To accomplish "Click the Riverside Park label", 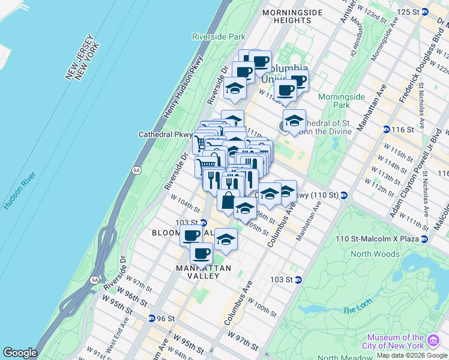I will click(x=219, y=37).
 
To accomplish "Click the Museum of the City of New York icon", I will click(x=432, y=341).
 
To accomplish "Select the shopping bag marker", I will click(x=228, y=200).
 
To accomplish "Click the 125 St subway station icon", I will click(x=425, y=12).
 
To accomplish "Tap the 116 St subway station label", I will click(x=403, y=130).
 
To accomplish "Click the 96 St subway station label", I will click(x=166, y=318).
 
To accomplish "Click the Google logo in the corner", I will click(x=20, y=353).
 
